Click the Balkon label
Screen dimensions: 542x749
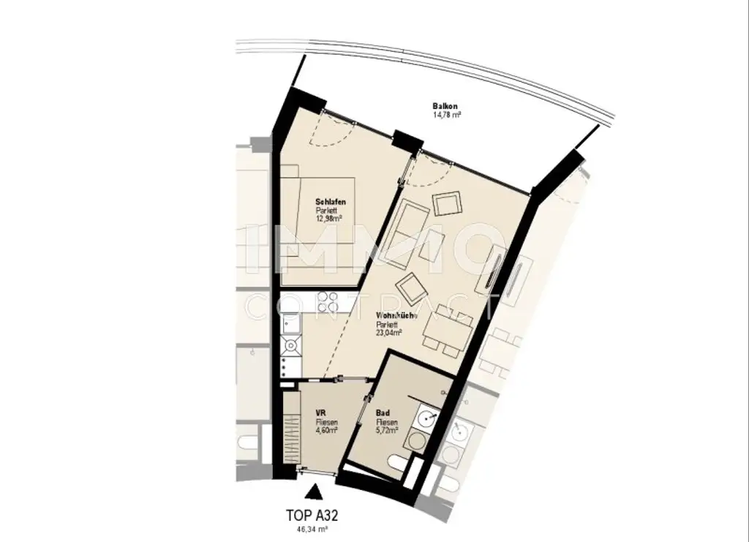coord(445,107)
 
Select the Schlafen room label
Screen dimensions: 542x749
coord(330,201)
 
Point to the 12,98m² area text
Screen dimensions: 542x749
coord(331,218)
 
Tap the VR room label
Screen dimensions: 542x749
coord(320,413)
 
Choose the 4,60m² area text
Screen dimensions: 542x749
coord(326,430)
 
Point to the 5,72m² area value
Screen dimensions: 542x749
coord(387,430)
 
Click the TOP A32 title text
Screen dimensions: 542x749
coord(313,514)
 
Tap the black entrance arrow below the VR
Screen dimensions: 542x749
coord(313,492)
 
